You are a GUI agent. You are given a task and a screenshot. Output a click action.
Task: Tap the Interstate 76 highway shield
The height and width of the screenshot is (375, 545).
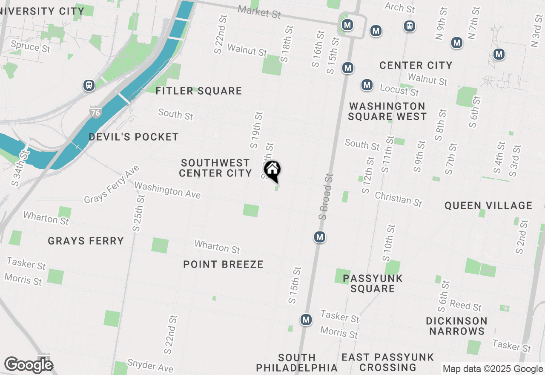point(95,113)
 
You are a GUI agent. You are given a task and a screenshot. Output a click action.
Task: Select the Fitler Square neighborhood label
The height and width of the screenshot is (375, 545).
point(198,91)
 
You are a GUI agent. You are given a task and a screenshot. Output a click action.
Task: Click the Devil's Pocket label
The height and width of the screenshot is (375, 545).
point(134,137)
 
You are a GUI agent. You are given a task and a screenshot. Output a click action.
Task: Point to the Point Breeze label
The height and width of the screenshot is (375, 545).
point(223,264)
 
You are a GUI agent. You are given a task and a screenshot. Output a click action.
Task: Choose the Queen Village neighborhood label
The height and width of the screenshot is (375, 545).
point(488,205)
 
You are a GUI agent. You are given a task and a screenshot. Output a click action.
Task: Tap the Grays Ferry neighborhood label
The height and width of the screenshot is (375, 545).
point(86,241)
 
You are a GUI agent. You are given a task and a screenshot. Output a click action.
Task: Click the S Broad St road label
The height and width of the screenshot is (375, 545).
point(326,196)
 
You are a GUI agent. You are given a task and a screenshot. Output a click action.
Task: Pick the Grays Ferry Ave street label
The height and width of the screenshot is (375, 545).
point(112,185)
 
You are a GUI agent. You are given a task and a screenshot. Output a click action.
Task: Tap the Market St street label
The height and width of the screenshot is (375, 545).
point(259,12)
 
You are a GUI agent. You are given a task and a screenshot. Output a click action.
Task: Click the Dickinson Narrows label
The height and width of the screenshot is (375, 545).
point(457,326)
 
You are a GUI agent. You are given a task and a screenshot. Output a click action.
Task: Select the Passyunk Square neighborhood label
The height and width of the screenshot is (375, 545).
point(373,283)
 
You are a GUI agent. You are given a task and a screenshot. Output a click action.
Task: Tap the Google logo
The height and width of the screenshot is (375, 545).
point(29,365)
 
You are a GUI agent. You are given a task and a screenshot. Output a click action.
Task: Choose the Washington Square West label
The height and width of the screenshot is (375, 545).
point(387,111)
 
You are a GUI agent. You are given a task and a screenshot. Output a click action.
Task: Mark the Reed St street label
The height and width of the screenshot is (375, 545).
point(466,306)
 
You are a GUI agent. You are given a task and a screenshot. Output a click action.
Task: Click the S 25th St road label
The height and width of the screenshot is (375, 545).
point(138,213)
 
